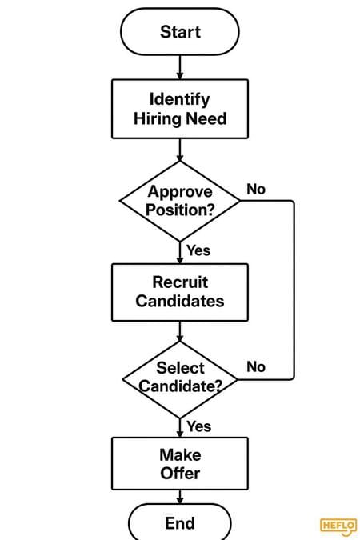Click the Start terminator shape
point(179,32)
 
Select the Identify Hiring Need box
point(180,109)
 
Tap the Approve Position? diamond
point(180,201)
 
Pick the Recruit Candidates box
point(180,292)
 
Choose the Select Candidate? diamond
point(180,379)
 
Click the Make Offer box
point(180,463)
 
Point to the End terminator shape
point(180,522)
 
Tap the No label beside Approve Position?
point(256,189)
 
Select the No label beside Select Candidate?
point(256,366)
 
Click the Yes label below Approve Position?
point(198,250)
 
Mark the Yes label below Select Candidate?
point(199,426)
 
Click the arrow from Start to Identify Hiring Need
point(180,67)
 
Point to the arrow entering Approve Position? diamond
point(180,150)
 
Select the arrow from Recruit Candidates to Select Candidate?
point(180,331)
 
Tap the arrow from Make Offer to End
point(180,497)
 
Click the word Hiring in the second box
point(158,119)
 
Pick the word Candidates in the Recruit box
point(180,301)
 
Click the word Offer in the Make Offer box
point(180,473)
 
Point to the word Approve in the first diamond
point(180,192)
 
